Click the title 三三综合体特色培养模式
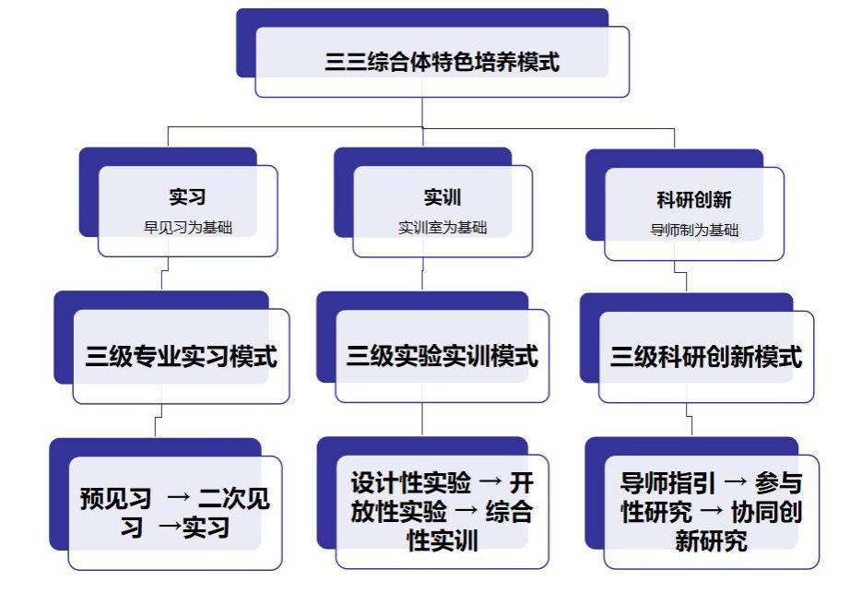[442, 63]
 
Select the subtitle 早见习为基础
[187, 227]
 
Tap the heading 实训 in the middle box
[443, 197]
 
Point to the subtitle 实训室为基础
[443, 227]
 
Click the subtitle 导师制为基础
[694, 231]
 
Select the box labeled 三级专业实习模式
[181, 356]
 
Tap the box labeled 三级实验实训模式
[442, 356]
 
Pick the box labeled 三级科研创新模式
[705, 357]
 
